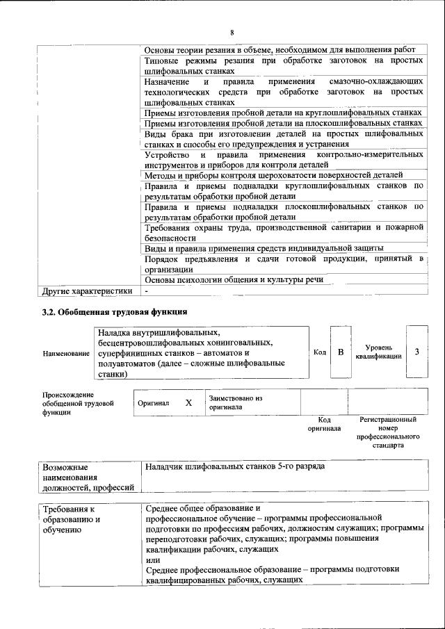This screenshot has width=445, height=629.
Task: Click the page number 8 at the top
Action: coord(232,33)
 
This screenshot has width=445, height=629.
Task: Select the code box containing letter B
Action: coord(341,352)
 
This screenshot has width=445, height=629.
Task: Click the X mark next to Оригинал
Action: coord(188,402)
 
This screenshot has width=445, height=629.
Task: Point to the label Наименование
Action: coord(66,353)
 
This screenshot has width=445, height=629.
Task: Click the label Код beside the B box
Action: coord(320,352)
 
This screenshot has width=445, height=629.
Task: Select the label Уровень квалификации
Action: coord(378,352)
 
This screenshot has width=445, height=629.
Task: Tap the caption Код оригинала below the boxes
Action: coord(324,424)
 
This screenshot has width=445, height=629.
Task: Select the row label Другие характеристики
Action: coord(87,291)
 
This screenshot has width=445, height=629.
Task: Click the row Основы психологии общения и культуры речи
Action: coord(234,280)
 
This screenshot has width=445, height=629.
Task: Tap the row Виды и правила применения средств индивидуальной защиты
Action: coord(264,248)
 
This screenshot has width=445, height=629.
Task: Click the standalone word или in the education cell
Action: coord(153,559)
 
